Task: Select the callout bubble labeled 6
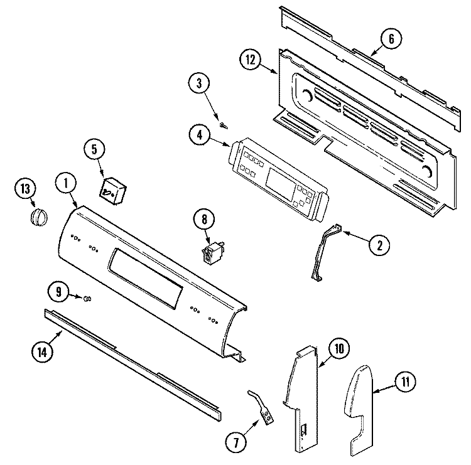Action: click(391, 39)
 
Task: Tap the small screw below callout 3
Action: click(222, 124)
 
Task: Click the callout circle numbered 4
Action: click(198, 135)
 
